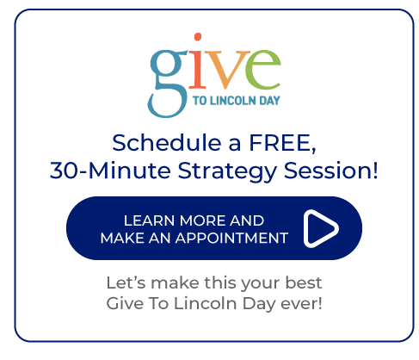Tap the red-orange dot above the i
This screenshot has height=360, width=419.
[198, 37]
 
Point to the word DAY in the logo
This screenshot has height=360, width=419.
[269, 101]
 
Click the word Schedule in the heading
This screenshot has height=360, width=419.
[166, 143]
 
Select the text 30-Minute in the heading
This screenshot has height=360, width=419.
[110, 171]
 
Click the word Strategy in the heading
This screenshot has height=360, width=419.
[227, 172]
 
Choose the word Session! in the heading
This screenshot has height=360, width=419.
[330, 171]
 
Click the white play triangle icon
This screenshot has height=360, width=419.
[321, 228]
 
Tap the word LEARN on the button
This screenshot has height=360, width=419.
[149, 220]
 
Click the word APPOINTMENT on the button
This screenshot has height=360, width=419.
[231, 238]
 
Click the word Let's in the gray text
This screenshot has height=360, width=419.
[126, 282]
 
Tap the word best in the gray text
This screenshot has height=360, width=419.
[304, 282]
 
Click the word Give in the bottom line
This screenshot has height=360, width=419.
[125, 303]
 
